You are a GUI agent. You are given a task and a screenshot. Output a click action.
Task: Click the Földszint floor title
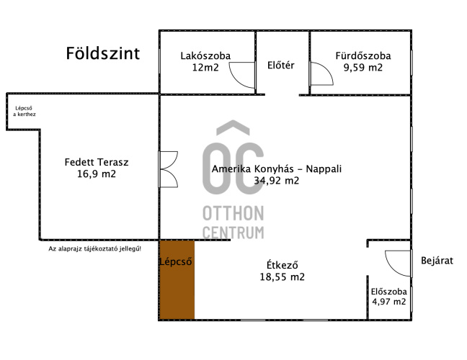pyautogui.click(x=103, y=53)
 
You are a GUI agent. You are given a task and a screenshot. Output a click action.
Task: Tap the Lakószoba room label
pyautogui.click(x=205, y=55)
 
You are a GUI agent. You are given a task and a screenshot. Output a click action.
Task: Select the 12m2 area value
pyautogui.click(x=205, y=68)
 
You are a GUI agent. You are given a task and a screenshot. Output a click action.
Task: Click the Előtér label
pyautogui.click(x=281, y=65)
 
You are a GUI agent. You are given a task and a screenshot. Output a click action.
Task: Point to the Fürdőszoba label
pyautogui.click(x=363, y=55)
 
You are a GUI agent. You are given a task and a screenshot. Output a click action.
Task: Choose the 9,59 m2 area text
pyautogui.click(x=363, y=68)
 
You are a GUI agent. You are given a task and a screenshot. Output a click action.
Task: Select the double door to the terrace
pyautogui.click(x=168, y=169)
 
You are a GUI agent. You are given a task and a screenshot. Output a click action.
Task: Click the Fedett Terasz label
pyautogui.click(x=97, y=162)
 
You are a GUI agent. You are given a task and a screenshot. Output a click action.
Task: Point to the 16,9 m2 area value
pyautogui.click(x=97, y=174)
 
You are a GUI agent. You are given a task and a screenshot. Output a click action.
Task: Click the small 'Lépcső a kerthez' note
pyautogui.click(x=24, y=112)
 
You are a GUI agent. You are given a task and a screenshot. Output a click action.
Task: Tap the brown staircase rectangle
pyautogui.click(x=177, y=279)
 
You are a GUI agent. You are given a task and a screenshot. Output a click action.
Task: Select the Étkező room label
pyautogui.click(x=282, y=265)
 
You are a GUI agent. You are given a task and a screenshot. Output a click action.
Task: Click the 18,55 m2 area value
pyautogui.click(x=282, y=277)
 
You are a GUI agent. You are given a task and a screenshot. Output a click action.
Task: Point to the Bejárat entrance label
pyautogui.click(x=437, y=261)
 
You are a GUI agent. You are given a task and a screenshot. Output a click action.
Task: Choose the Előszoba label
pyautogui.click(x=389, y=292)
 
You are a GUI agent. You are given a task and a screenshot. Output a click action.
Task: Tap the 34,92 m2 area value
pyautogui.click(x=277, y=181)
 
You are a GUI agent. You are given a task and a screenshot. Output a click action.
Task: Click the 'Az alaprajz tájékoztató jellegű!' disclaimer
pyautogui.click(x=94, y=248)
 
